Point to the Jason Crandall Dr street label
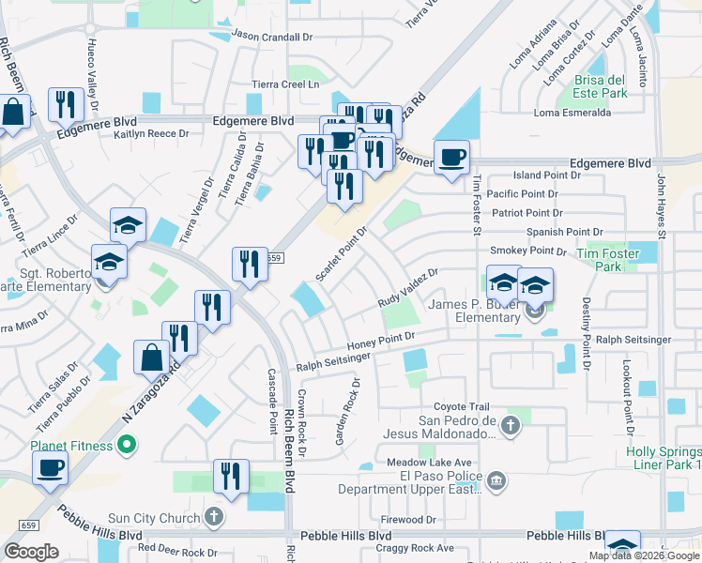pos(272,37)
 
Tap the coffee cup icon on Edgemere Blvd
pos(451,157)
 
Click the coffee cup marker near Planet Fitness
pos(50,467)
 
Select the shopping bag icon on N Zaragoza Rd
pos(151,358)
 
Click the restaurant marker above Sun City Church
pos(228,475)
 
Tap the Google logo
pos(31,552)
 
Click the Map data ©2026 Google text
pos(644,556)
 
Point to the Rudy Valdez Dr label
pos(408,288)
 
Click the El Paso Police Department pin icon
pos(496,482)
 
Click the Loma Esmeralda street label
pos(572,113)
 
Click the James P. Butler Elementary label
pos(476,312)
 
